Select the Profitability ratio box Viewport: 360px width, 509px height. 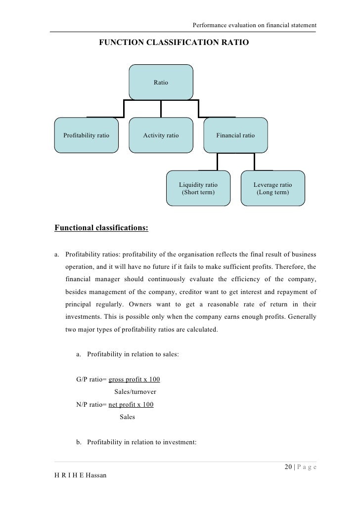coord(87,135)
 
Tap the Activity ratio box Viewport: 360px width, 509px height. coord(161,135)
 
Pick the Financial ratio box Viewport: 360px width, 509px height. coord(235,135)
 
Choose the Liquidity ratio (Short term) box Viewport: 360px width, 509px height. coord(198,188)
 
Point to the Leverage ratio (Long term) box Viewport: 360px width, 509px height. coord(272,188)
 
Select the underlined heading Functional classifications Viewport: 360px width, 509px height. coord(101,229)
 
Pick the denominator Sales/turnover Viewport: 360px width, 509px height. coord(135,392)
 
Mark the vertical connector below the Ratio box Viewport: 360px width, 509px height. coord(161,109)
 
